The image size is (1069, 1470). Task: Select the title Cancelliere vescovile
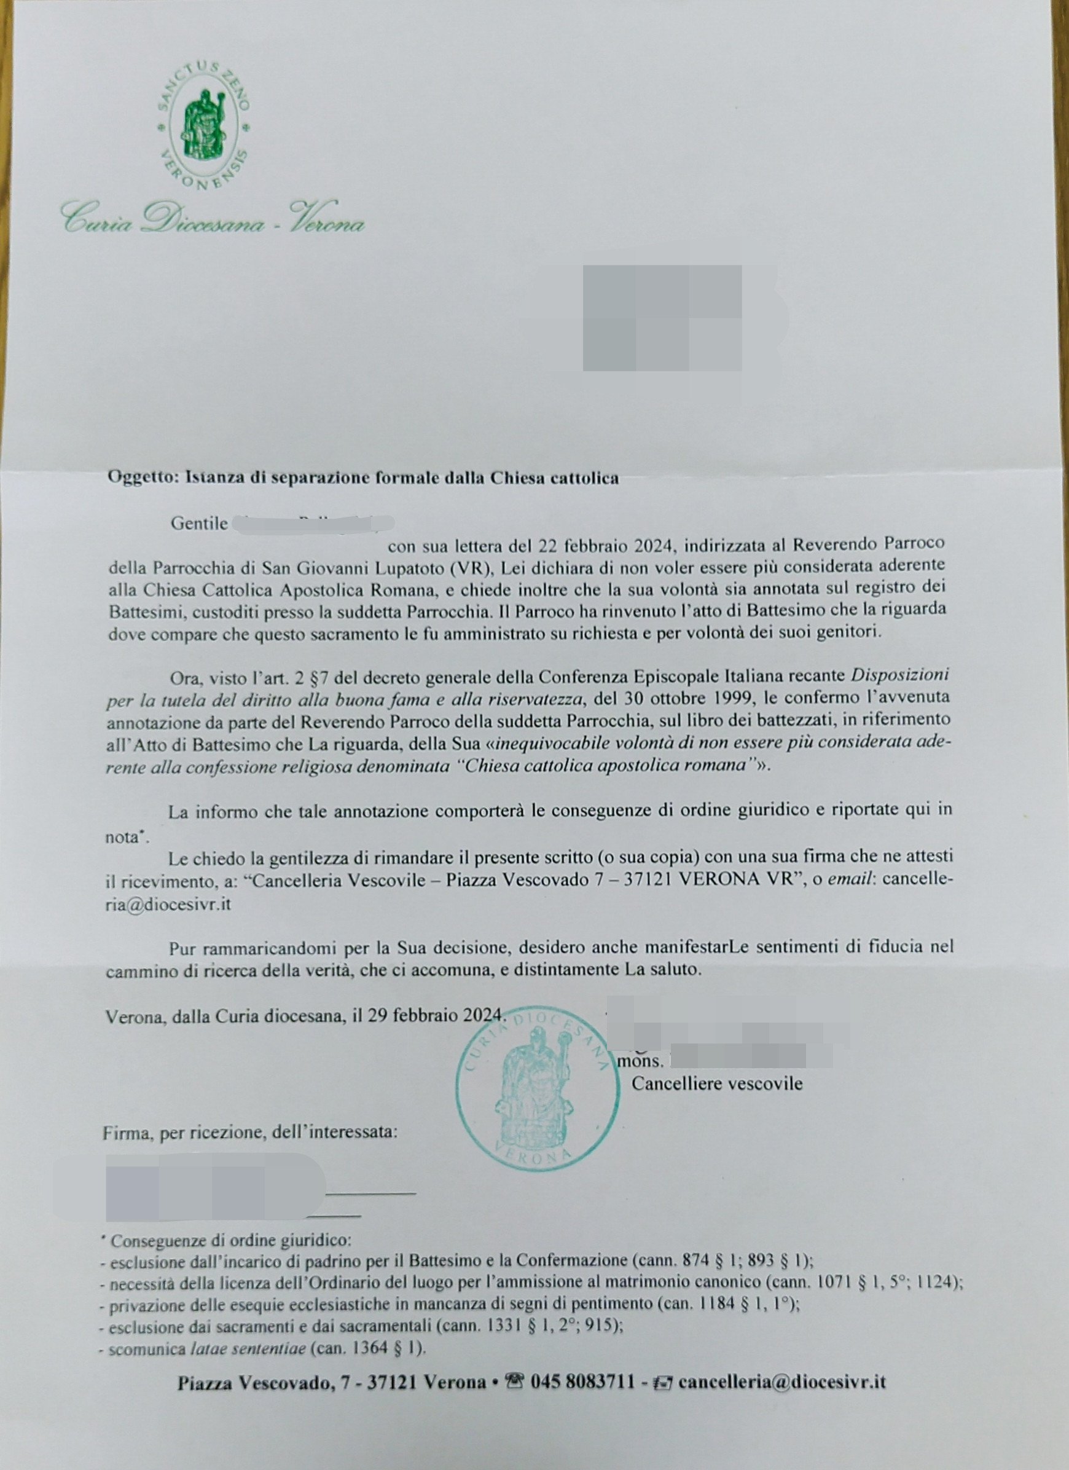[716, 1083]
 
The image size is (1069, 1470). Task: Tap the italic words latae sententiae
[248, 1350]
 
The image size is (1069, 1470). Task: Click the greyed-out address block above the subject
[662, 318]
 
